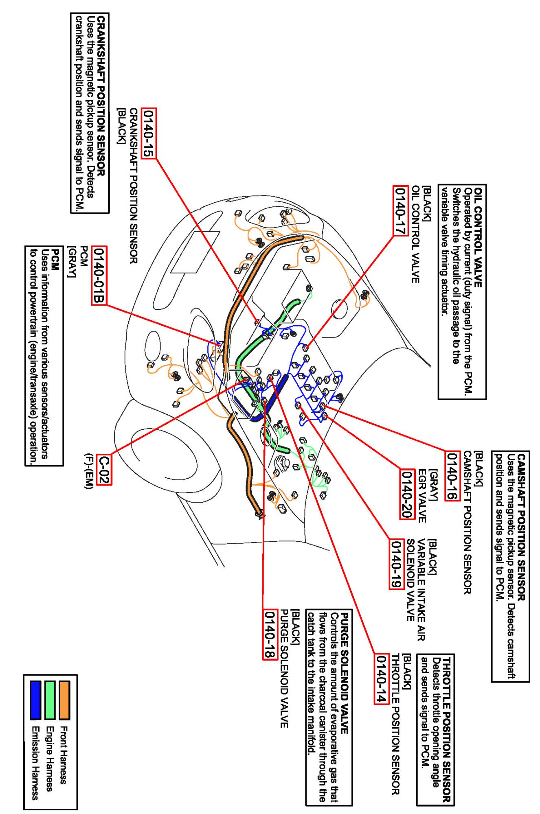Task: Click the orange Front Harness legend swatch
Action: tap(64, 701)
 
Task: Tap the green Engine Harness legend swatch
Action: tap(50, 701)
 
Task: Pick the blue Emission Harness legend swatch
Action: tap(35, 701)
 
